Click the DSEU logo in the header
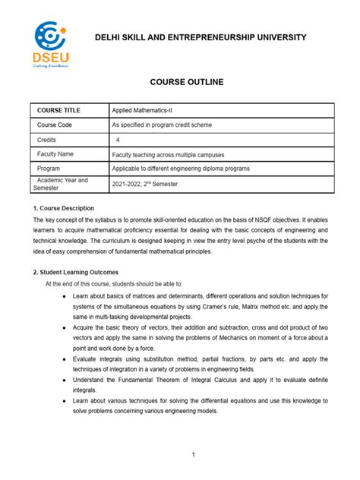coord(49,44)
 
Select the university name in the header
coord(201,37)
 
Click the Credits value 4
coord(118,140)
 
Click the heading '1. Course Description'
coord(63,207)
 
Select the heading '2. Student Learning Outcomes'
coord(75,272)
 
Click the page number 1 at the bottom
coord(194,455)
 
